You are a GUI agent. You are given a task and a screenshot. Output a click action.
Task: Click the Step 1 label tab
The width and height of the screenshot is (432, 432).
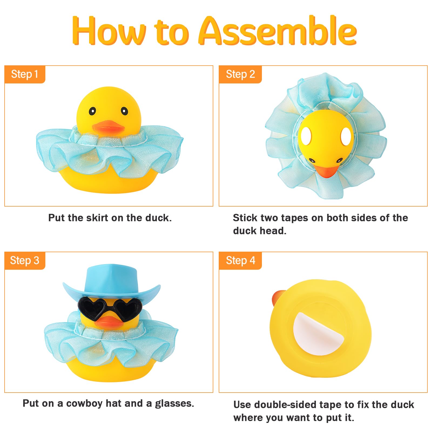[x=25, y=75]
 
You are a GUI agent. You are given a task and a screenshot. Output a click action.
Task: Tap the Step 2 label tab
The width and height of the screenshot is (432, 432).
[x=240, y=75]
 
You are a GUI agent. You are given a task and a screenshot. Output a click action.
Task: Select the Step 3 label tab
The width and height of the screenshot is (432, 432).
[x=25, y=261]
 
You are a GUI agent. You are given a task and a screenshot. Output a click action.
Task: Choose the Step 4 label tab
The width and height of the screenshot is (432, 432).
[x=240, y=261]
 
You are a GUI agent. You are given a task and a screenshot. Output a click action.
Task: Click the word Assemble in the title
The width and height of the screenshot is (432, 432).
[x=278, y=31]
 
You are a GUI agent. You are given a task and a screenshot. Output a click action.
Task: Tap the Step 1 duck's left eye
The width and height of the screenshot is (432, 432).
[x=92, y=111]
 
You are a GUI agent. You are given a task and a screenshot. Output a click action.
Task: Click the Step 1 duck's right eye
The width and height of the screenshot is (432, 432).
[x=124, y=111]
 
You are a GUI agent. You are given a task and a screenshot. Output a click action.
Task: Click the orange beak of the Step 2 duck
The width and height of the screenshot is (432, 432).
[x=326, y=171]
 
